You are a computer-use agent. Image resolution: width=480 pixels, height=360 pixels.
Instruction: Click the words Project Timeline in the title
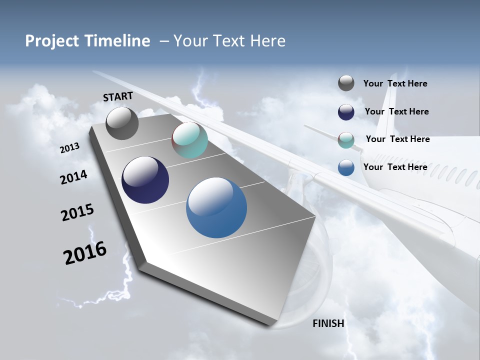87,41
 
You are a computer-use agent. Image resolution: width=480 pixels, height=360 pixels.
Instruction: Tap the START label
118,96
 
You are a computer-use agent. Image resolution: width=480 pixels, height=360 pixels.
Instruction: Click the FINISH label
328,323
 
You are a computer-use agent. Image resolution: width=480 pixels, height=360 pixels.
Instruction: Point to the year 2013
69,148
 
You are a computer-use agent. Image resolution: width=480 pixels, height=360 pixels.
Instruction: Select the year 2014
73,177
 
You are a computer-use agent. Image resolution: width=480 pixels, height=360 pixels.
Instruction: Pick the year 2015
77,212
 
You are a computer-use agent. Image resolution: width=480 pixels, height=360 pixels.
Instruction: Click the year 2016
85,252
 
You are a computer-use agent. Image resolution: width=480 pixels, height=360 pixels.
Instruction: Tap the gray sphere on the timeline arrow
122,123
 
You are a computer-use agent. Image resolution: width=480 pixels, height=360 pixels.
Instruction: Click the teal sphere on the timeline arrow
189,140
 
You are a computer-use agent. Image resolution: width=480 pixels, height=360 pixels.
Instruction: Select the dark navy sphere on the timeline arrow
145,180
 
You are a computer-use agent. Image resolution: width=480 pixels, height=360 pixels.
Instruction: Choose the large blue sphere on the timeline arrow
216,207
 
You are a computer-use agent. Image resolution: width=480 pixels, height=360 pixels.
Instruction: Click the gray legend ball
346,83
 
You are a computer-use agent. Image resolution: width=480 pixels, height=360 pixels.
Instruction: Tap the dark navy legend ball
346,112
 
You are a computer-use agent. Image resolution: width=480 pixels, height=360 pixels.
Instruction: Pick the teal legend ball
346,140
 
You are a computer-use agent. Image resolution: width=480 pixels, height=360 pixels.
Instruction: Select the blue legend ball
346,167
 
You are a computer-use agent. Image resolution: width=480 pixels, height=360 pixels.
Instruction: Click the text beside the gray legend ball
395,84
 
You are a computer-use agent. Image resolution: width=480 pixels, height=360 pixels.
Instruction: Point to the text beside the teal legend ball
397,139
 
